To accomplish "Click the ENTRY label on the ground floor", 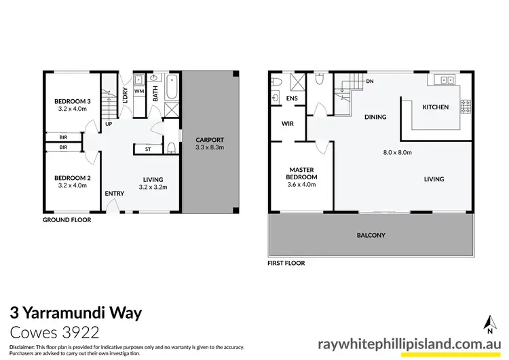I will pos(115,194).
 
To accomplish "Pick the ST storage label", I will pos(147,149).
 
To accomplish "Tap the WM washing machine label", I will pos(138,90).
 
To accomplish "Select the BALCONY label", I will pos(371,236).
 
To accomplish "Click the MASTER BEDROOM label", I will pos(301,173).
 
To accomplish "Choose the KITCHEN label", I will pos(435,107).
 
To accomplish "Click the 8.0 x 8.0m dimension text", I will pos(398,152).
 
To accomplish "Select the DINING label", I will pos(375,117).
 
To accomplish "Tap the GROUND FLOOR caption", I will pos(67,220).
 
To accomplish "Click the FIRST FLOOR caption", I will pos(286,263).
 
